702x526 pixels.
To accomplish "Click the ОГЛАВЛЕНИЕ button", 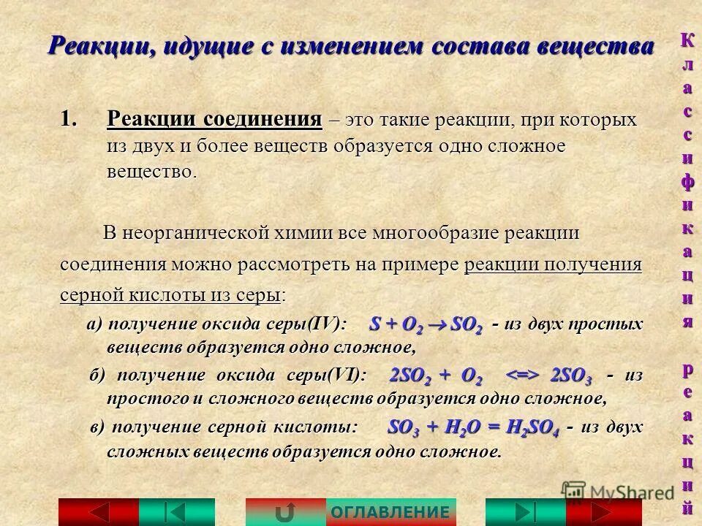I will point(390,512).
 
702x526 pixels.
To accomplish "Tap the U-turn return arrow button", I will point(285,512).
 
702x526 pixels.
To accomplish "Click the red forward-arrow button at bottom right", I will point(604,512).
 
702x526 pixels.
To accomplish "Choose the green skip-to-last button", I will point(525,512).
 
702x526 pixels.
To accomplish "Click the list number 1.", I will point(68,119).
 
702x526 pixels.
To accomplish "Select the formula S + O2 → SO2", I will point(426,325).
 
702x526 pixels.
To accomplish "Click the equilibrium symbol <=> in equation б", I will point(523,376).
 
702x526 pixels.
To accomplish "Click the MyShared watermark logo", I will point(619,492).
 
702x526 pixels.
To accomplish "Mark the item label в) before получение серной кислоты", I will point(98,427).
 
